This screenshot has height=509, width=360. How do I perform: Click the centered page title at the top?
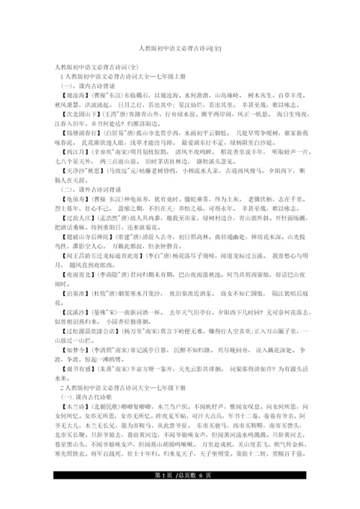[180, 48]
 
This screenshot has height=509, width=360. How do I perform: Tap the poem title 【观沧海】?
[78, 94]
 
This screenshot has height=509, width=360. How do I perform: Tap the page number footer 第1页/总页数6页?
[179, 499]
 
